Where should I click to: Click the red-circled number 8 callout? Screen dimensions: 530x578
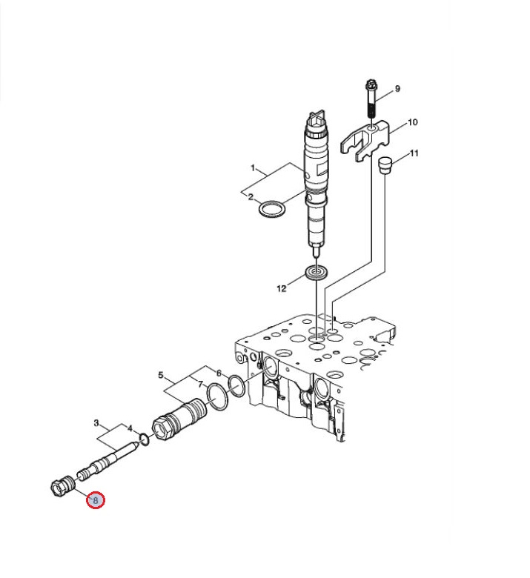coord(96,500)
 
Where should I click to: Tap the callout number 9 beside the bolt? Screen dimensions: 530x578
coord(397,89)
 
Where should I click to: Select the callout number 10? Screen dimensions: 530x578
coord(412,122)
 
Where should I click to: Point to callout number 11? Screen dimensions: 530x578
coord(414,153)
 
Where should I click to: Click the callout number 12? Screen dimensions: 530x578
coord(282,289)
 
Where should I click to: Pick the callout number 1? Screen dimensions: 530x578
coord(253,168)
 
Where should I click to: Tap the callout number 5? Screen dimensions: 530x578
coord(161,375)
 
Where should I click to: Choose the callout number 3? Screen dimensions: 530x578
coord(96,423)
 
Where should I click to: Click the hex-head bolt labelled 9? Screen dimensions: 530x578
coord(371,98)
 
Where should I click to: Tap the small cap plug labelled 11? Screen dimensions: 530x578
coord(385,165)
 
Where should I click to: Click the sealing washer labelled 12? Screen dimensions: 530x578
coord(317,274)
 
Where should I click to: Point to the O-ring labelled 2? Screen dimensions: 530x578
coord(273,210)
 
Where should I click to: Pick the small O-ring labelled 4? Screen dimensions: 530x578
coord(145,439)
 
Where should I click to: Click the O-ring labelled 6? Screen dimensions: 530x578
coord(236,385)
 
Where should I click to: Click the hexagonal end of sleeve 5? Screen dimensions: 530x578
coord(162,428)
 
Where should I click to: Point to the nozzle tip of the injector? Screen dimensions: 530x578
coord(317,253)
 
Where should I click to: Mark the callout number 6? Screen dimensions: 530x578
coord(219,373)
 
